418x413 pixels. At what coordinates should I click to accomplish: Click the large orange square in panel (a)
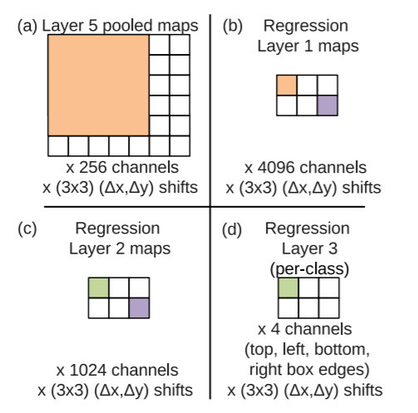98,86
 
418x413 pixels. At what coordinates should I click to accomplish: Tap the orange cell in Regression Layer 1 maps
287,86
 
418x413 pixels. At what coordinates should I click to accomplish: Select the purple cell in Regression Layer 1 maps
327,106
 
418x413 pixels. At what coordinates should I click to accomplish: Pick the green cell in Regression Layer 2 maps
98,288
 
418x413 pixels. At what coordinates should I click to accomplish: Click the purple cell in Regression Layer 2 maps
139,308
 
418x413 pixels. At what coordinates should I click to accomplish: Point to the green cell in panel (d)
288,288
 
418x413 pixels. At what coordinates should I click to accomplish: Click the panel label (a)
27,27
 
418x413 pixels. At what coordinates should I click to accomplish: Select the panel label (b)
233,27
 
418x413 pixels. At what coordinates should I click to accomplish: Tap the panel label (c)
27,229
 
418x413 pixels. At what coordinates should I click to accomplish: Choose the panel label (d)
232,229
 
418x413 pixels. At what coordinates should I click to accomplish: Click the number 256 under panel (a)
93,168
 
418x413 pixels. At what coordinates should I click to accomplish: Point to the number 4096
276,168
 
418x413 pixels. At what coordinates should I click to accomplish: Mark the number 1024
88,371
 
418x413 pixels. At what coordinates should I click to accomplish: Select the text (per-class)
309,269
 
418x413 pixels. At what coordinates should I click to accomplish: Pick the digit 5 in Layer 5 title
93,26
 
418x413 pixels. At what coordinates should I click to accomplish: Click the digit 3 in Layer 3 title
333,248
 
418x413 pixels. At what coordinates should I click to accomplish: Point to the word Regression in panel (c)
117,229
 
